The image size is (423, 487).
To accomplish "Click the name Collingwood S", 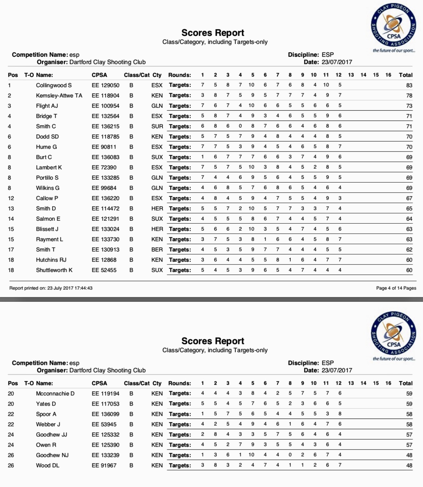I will coord(54,85).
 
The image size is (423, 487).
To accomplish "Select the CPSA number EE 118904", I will coord(105,95).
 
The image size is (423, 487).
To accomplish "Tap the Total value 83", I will coord(409,85).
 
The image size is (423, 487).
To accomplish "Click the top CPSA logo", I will coord(394,25).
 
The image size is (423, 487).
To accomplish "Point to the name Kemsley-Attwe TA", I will coord(59,95).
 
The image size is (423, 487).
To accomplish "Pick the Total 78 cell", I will coord(409,95).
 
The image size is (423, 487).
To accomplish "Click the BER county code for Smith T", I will coord(157,249).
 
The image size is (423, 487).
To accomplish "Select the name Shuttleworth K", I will coord(54,270).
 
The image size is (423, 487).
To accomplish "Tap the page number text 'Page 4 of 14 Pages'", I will coord(396,288).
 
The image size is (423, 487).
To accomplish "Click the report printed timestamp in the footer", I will coord(51,288).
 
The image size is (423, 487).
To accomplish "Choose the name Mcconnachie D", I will coord(55,393).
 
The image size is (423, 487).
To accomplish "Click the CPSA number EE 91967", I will coord(104,465).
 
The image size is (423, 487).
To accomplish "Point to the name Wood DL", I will coord(48,465).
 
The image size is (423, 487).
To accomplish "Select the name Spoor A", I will coord(46,414).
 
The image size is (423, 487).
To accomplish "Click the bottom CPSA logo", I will coord(394,334).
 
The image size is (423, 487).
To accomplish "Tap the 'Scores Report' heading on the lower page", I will coord(213,341).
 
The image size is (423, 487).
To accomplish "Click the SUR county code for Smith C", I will coord(157,126).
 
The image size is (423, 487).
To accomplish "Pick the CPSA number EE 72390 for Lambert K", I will coord(104,167).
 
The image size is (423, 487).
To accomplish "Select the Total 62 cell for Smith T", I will coord(409,249).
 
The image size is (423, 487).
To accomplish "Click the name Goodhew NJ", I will coord(52,455).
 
